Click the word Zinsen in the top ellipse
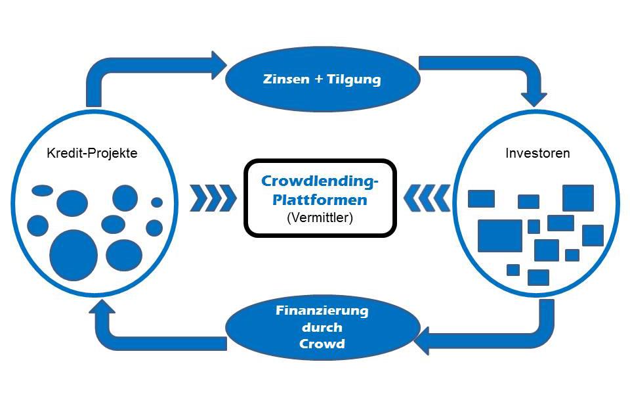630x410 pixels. [284, 80]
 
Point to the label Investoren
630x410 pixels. [537, 153]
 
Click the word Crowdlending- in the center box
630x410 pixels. [320, 181]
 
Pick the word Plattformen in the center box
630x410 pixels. [320, 199]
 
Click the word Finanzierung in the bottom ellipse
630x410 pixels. [322, 310]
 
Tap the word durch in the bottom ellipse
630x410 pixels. [322, 327]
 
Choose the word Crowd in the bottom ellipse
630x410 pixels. [322, 343]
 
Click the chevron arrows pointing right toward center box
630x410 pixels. [214, 198]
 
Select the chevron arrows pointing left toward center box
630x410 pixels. [427, 198]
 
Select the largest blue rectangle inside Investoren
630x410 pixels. [499, 236]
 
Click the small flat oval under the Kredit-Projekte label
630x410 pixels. [43, 191]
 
